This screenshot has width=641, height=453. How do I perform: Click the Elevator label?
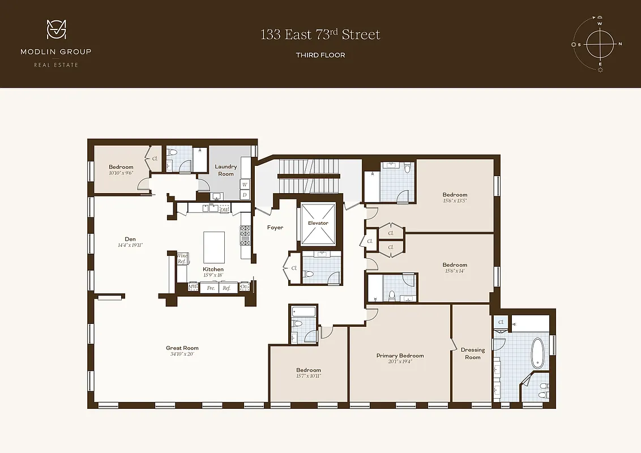click(318, 223)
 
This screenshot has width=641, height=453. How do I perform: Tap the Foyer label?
click(275, 228)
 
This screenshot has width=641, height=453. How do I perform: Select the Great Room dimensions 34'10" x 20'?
click(182, 354)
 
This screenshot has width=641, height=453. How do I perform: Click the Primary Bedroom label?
click(400, 356)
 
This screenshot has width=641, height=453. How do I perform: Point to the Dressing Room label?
click(472, 353)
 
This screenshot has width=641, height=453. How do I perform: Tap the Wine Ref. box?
click(182, 259)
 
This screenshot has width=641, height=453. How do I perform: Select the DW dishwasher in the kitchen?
click(224, 209)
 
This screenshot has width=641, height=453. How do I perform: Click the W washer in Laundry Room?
click(245, 184)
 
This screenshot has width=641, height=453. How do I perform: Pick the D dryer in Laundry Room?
click(245, 195)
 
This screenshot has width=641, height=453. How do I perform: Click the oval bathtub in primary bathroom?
click(537, 353)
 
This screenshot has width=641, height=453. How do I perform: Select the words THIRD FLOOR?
click(320, 55)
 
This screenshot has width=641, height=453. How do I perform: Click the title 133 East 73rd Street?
click(320, 35)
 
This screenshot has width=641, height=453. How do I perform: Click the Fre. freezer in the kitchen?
click(210, 288)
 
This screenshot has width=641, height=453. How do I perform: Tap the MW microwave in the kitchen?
click(193, 287)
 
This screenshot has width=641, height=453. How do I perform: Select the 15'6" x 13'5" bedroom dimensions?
click(455, 200)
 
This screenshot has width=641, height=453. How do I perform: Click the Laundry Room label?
click(226, 170)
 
